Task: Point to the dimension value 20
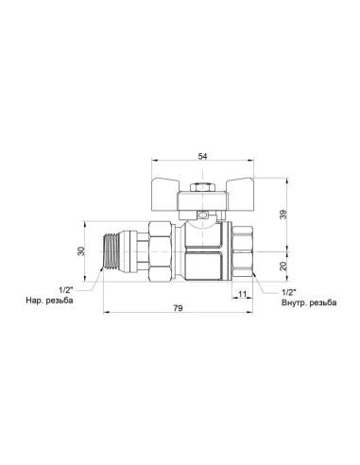click(283, 267)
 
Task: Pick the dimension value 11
click(242, 295)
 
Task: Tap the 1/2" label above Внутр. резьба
click(289, 292)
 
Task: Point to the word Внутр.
click(296, 303)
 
